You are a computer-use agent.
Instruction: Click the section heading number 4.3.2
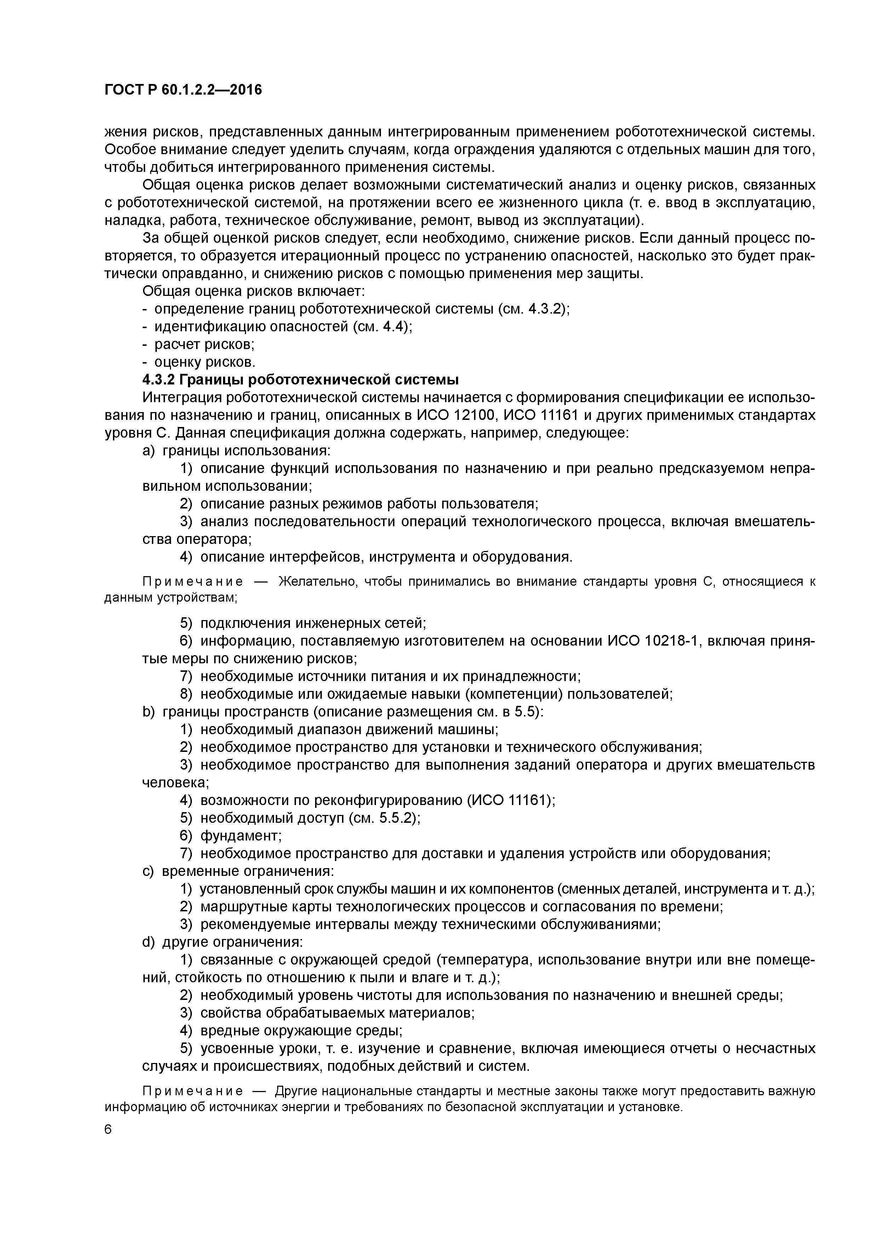coord(159,379)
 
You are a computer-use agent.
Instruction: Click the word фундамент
coord(240,836)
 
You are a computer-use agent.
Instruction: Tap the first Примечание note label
coord(192,582)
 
